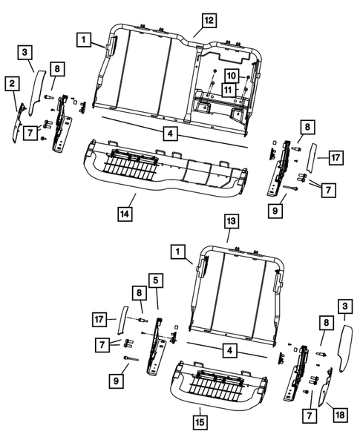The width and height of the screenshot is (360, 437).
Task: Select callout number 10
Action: (x=231, y=76)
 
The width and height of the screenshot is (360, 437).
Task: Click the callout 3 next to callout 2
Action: (x=25, y=51)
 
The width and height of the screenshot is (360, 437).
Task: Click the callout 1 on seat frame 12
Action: (x=86, y=37)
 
